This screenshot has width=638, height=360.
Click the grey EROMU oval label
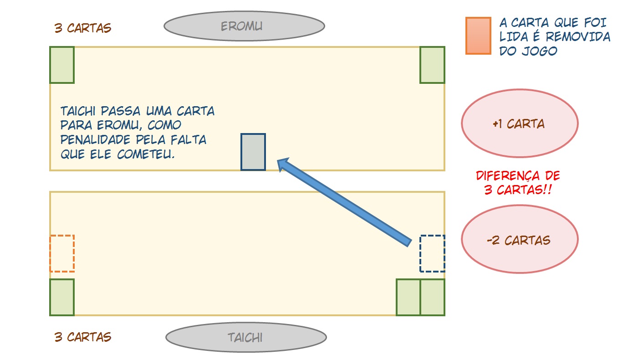(x=244, y=26)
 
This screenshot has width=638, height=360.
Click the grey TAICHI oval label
(x=246, y=338)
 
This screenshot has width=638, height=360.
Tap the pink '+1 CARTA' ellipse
(x=520, y=123)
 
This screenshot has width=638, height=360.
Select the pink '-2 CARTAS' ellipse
(x=520, y=239)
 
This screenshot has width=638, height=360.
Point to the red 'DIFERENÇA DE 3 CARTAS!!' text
(x=518, y=183)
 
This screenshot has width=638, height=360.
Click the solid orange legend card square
(x=478, y=36)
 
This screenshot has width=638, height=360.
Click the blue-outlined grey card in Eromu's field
(x=253, y=152)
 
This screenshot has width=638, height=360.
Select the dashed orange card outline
(x=62, y=254)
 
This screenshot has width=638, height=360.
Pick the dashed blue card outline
(x=432, y=254)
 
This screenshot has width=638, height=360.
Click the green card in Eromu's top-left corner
(x=62, y=65)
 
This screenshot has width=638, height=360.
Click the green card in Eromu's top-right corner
(x=432, y=65)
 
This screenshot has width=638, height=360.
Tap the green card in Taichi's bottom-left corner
(x=62, y=297)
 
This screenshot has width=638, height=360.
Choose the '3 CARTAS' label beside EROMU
(x=82, y=28)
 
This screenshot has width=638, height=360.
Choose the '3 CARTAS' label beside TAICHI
(x=82, y=337)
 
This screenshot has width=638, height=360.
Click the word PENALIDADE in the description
(x=96, y=139)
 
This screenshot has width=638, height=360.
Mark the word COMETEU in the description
(x=146, y=154)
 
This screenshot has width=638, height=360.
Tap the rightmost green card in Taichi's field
(x=433, y=297)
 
